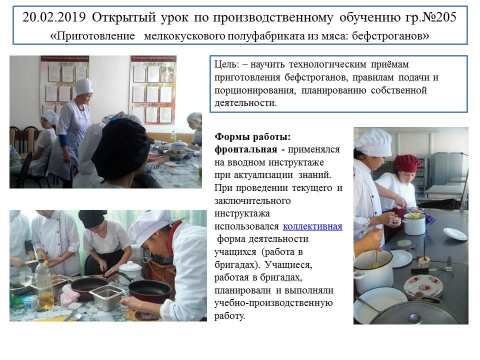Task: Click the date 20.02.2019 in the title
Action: coord(54,17)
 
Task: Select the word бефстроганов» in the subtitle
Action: coord(390,36)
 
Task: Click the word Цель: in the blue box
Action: coord(226,64)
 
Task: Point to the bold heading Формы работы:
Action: coord(252,136)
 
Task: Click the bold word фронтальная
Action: coord(246,149)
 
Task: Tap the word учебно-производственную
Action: coord(273,303)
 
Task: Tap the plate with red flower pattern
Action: coord(423,286)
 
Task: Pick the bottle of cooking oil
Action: coord(45,285)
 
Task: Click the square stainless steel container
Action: coord(107,297)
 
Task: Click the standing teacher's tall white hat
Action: coord(83,86)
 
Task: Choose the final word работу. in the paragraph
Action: coord(229,315)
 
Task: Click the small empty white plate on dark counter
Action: coord(455,234)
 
